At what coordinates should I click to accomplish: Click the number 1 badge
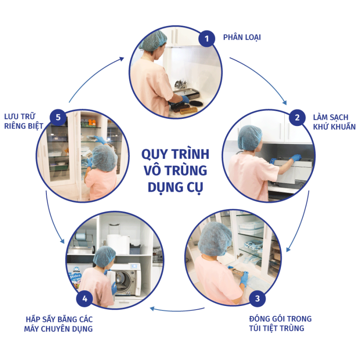pyautogui.click(x=207, y=39)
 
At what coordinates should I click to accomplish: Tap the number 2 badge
pyautogui.click(x=297, y=117)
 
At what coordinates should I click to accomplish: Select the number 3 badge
pyautogui.click(x=257, y=298)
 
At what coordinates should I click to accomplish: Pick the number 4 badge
pyautogui.click(x=85, y=299)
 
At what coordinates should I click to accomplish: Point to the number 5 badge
pyautogui.click(x=58, y=117)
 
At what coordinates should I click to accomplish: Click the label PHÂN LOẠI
pyautogui.click(x=242, y=37)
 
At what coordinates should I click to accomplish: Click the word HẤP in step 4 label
pyautogui.click(x=33, y=319)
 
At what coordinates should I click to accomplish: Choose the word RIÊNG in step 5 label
pyautogui.click(x=15, y=126)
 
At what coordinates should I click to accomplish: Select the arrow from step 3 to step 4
pyautogui.click(x=177, y=310)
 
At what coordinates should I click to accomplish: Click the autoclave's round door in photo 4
pyautogui.click(x=123, y=280)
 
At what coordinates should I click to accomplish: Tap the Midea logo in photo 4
pyautogui.click(x=75, y=275)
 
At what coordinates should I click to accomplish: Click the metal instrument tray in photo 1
pyautogui.click(x=186, y=94)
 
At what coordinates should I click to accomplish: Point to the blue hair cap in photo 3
pyautogui.click(x=215, y=239)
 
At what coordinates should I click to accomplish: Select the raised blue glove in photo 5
pyautogui.click(x=99, y=139)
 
